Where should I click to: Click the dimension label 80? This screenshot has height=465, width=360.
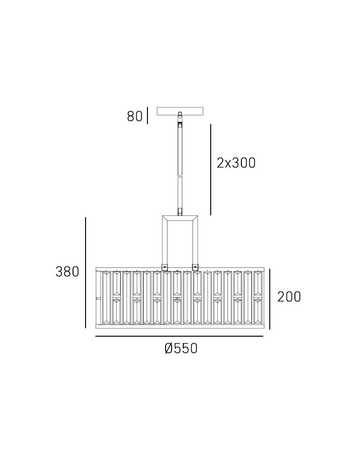click(x=134, y=116)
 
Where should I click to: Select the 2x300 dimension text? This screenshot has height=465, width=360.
click(x=236, y=163)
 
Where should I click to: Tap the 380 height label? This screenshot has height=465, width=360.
click(x=67, y=272)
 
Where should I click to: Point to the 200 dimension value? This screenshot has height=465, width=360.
click(x=289, y=297)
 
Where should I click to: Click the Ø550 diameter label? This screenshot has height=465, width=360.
click(x=181, y=348)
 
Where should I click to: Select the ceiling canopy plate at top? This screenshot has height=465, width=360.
click(x=180, y=111)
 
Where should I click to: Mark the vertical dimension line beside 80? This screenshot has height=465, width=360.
click(x=147, y=115)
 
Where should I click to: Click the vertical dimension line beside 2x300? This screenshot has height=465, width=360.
click(x=211, y=170)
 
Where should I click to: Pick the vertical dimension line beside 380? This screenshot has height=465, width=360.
click(x=86, y=273)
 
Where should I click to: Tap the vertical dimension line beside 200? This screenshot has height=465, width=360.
click(x=270, y=299)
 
